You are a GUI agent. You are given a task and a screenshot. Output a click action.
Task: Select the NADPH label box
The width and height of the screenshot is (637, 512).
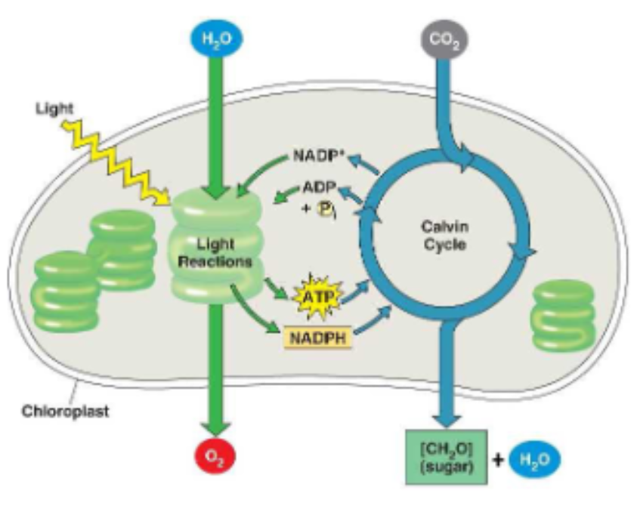click(318, 336)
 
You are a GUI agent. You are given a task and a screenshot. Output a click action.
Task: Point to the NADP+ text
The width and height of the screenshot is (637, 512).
click(317, 159)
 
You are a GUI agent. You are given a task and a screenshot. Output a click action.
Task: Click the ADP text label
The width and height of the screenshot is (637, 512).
click(318, 187)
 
